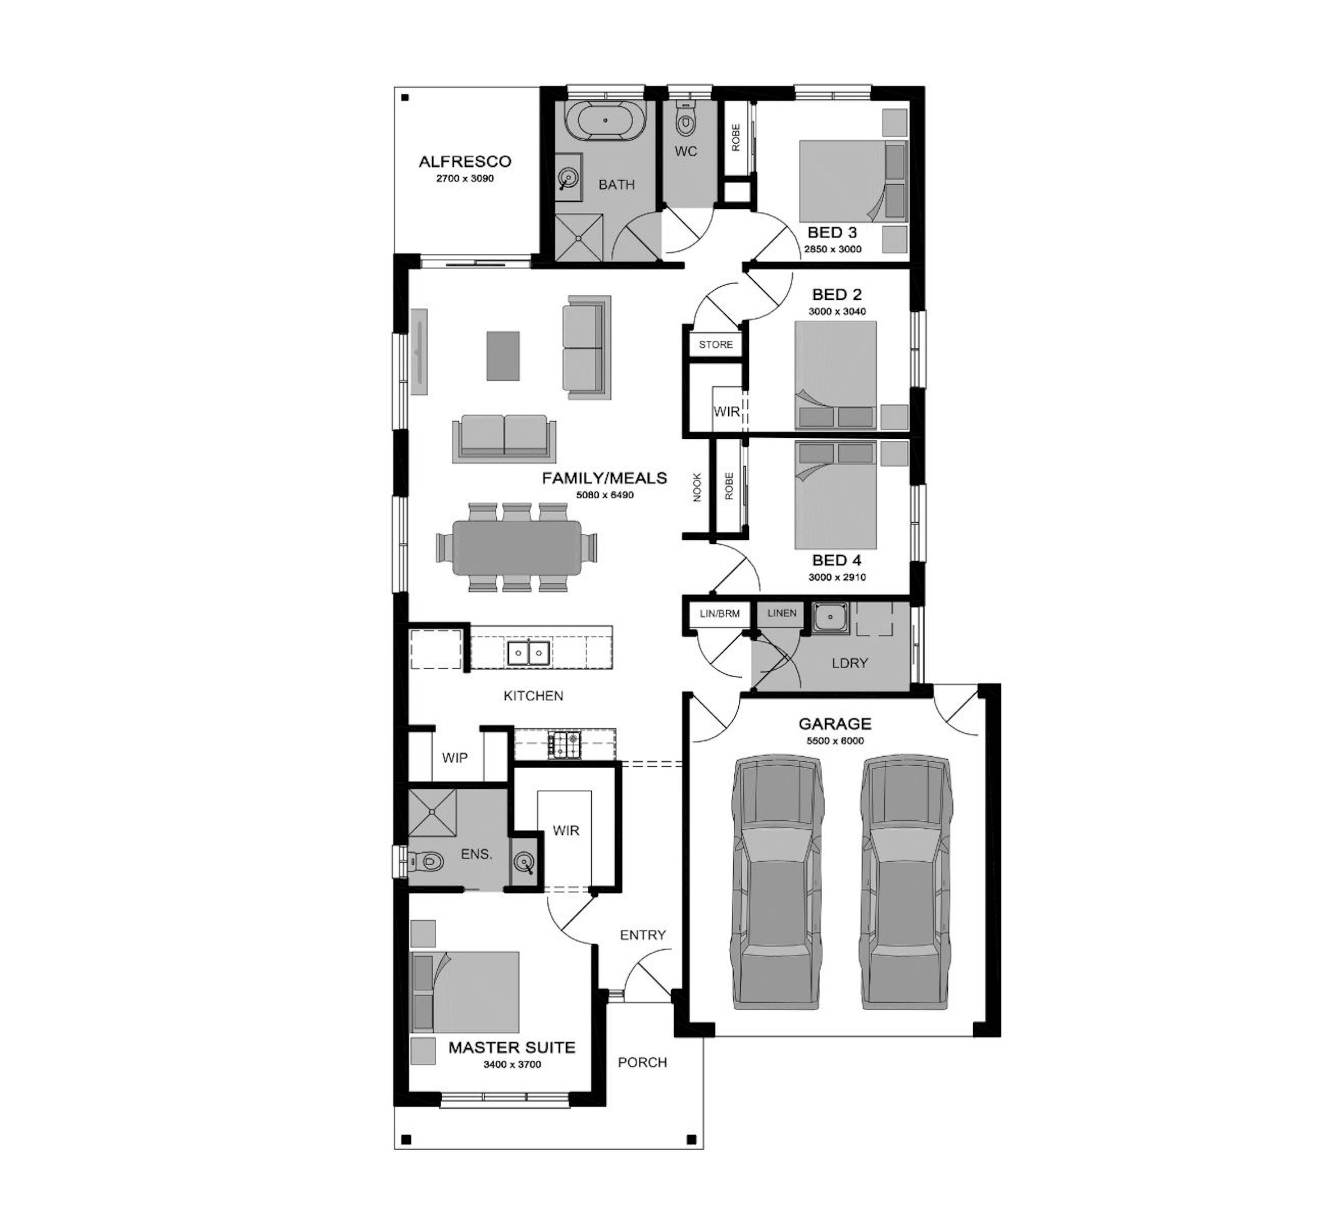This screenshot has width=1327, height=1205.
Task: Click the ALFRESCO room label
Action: pyautogui.click(x=465, y=161)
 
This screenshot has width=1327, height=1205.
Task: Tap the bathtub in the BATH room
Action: pyautogui.click(x=605, y=120)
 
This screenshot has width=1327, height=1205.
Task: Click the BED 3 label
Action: pyautogui.click(x=833, y=232)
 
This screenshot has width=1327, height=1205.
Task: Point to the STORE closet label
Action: pyautogui.click(x=716, y=344)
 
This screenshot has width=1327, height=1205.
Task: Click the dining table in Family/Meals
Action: pyautogui.click(x=517, y=547)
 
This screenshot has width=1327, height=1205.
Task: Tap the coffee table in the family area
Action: pyautogui.click(x=503, y=355)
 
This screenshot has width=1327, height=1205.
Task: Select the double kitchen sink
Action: pyautogui.click(x=528, y=653)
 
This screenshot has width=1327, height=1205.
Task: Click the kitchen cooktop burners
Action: pyautogui.click(x=564, y=745)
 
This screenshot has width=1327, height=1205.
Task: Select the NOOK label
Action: pyautogui.click(x=697, y=487)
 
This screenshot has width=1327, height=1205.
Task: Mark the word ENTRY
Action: pyautogui.click(x=642, y=935)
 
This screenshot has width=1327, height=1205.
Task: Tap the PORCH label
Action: pyautogui.click(x=642, y=1062)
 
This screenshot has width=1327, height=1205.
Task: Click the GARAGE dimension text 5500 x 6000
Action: pyautogui.click(x=835, y=741)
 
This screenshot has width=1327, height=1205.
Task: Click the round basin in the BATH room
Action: pyautogui.click(x=568, y=177)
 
